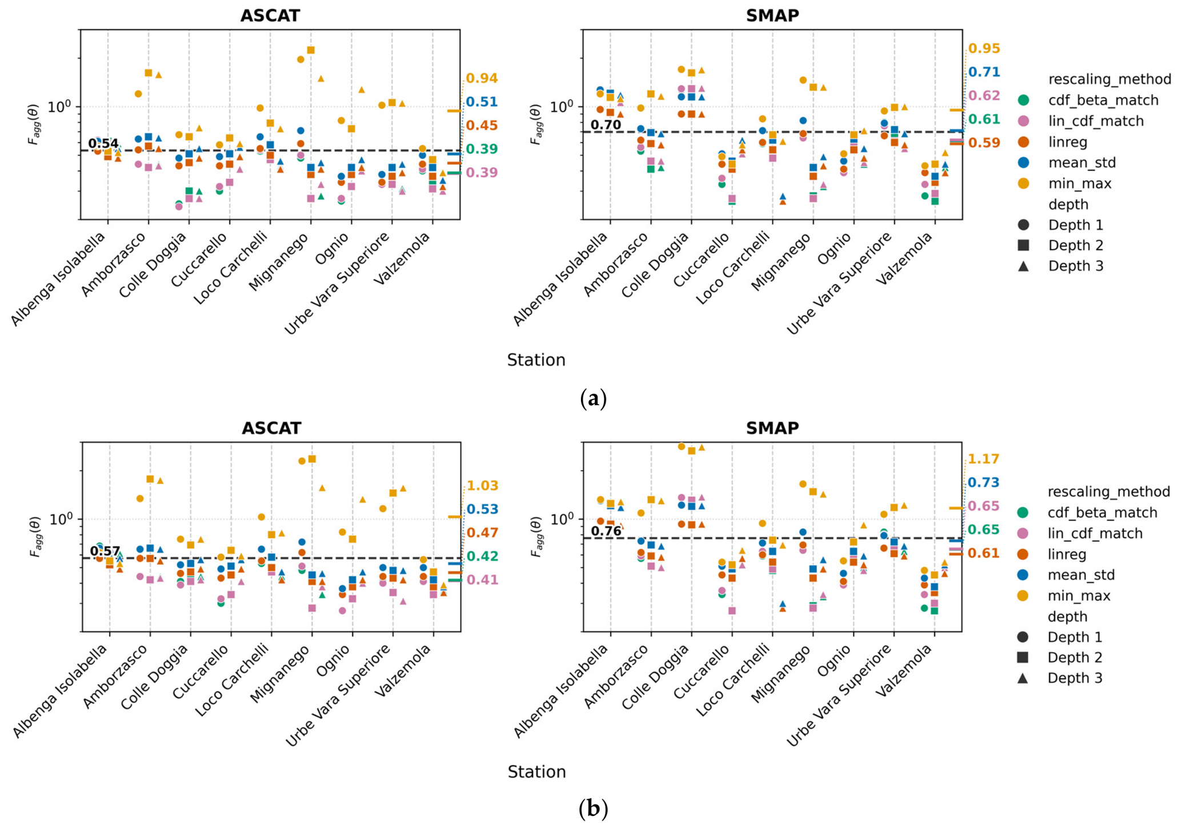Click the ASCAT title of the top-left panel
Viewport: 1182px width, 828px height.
click(x=270, y=15)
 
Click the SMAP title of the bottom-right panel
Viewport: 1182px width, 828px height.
click(x=772, y=428)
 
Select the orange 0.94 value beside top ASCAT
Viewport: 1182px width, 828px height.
click(x=482, y=78)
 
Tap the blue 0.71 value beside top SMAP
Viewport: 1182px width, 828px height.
click(x=984, y=72)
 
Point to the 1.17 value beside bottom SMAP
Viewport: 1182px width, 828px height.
click(x=983, y=459)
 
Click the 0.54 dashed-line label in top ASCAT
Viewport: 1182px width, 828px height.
click(x=103, y=143)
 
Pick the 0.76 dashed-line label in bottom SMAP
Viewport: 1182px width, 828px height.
click(x=606, y=531)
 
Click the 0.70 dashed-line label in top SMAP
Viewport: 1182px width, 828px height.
click(x=606, y=125)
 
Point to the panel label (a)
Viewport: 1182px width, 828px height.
click(x=593, y=398)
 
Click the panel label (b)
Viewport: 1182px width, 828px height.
click(x=593, y=809)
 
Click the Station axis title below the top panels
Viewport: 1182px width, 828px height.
click(x=536, y=360)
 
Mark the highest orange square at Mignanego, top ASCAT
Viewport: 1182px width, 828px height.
click(x=311, y=50)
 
